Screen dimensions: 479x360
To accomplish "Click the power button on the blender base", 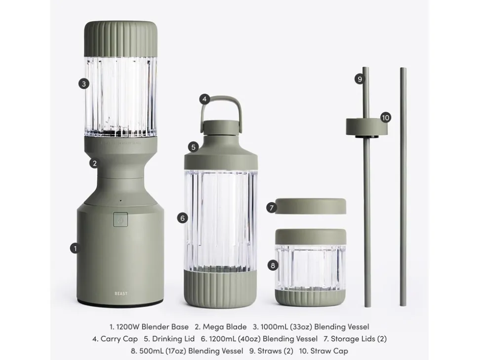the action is [120, 219].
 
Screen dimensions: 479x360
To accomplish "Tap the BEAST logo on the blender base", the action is [121, 294].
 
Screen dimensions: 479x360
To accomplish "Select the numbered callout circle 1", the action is [75, 248].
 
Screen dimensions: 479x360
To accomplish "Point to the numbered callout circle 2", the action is [95, 163].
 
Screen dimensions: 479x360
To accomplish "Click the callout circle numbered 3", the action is [84, 83].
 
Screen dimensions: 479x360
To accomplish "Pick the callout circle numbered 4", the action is [204, 99].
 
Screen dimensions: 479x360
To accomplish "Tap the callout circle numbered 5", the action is [194, 147].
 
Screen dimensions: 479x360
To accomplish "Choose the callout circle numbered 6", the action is [183, 218].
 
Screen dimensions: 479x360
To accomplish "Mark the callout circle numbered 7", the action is [271, 208].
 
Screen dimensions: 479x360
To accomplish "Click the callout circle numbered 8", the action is [273, 265].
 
